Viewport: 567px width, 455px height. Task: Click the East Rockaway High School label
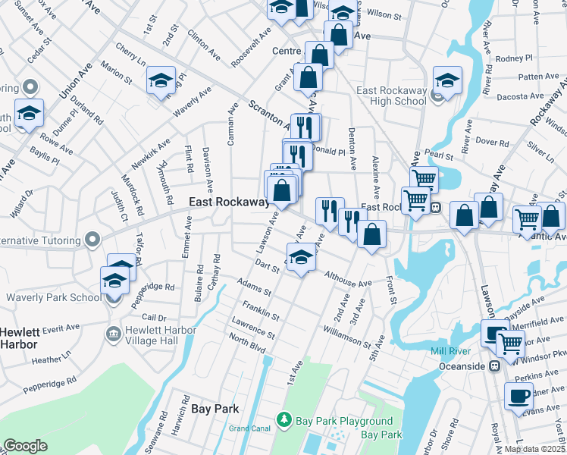tap(391, 96)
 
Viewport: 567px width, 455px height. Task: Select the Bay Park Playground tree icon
tap(284, 419)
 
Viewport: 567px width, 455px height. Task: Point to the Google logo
tap(26, 446)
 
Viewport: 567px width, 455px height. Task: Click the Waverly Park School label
tap(53, 297)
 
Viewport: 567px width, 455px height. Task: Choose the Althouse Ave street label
tap(348, 280)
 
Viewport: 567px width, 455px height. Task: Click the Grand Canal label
tap(250, 428)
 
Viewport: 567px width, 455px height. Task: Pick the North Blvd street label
tap(247, 345)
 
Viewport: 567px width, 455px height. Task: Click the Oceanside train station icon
tap(495, 366)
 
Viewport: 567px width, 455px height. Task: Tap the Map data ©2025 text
tap(534, 449)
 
